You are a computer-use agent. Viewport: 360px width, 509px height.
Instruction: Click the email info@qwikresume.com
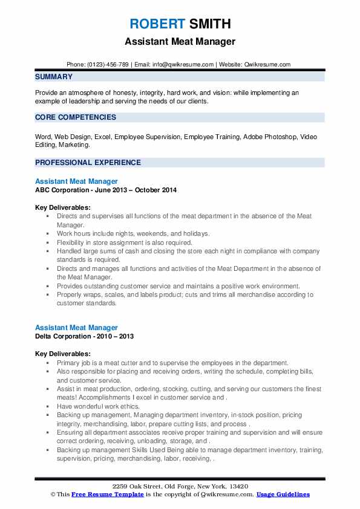(183, 65)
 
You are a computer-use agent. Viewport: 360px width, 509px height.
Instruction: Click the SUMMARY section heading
(54, 77)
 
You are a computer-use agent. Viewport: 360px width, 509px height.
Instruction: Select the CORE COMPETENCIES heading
(76, 117)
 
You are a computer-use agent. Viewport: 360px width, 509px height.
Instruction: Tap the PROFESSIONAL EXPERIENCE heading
(88, 163)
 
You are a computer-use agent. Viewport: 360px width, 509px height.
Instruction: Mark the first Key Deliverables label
(63, 207)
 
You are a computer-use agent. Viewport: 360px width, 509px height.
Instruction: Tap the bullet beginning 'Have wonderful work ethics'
(97, 407)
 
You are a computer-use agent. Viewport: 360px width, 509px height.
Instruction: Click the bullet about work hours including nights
(133, 233)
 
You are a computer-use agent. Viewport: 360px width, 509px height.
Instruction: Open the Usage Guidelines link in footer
(283, 494)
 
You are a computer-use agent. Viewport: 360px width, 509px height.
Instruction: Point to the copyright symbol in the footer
(53, 494)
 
